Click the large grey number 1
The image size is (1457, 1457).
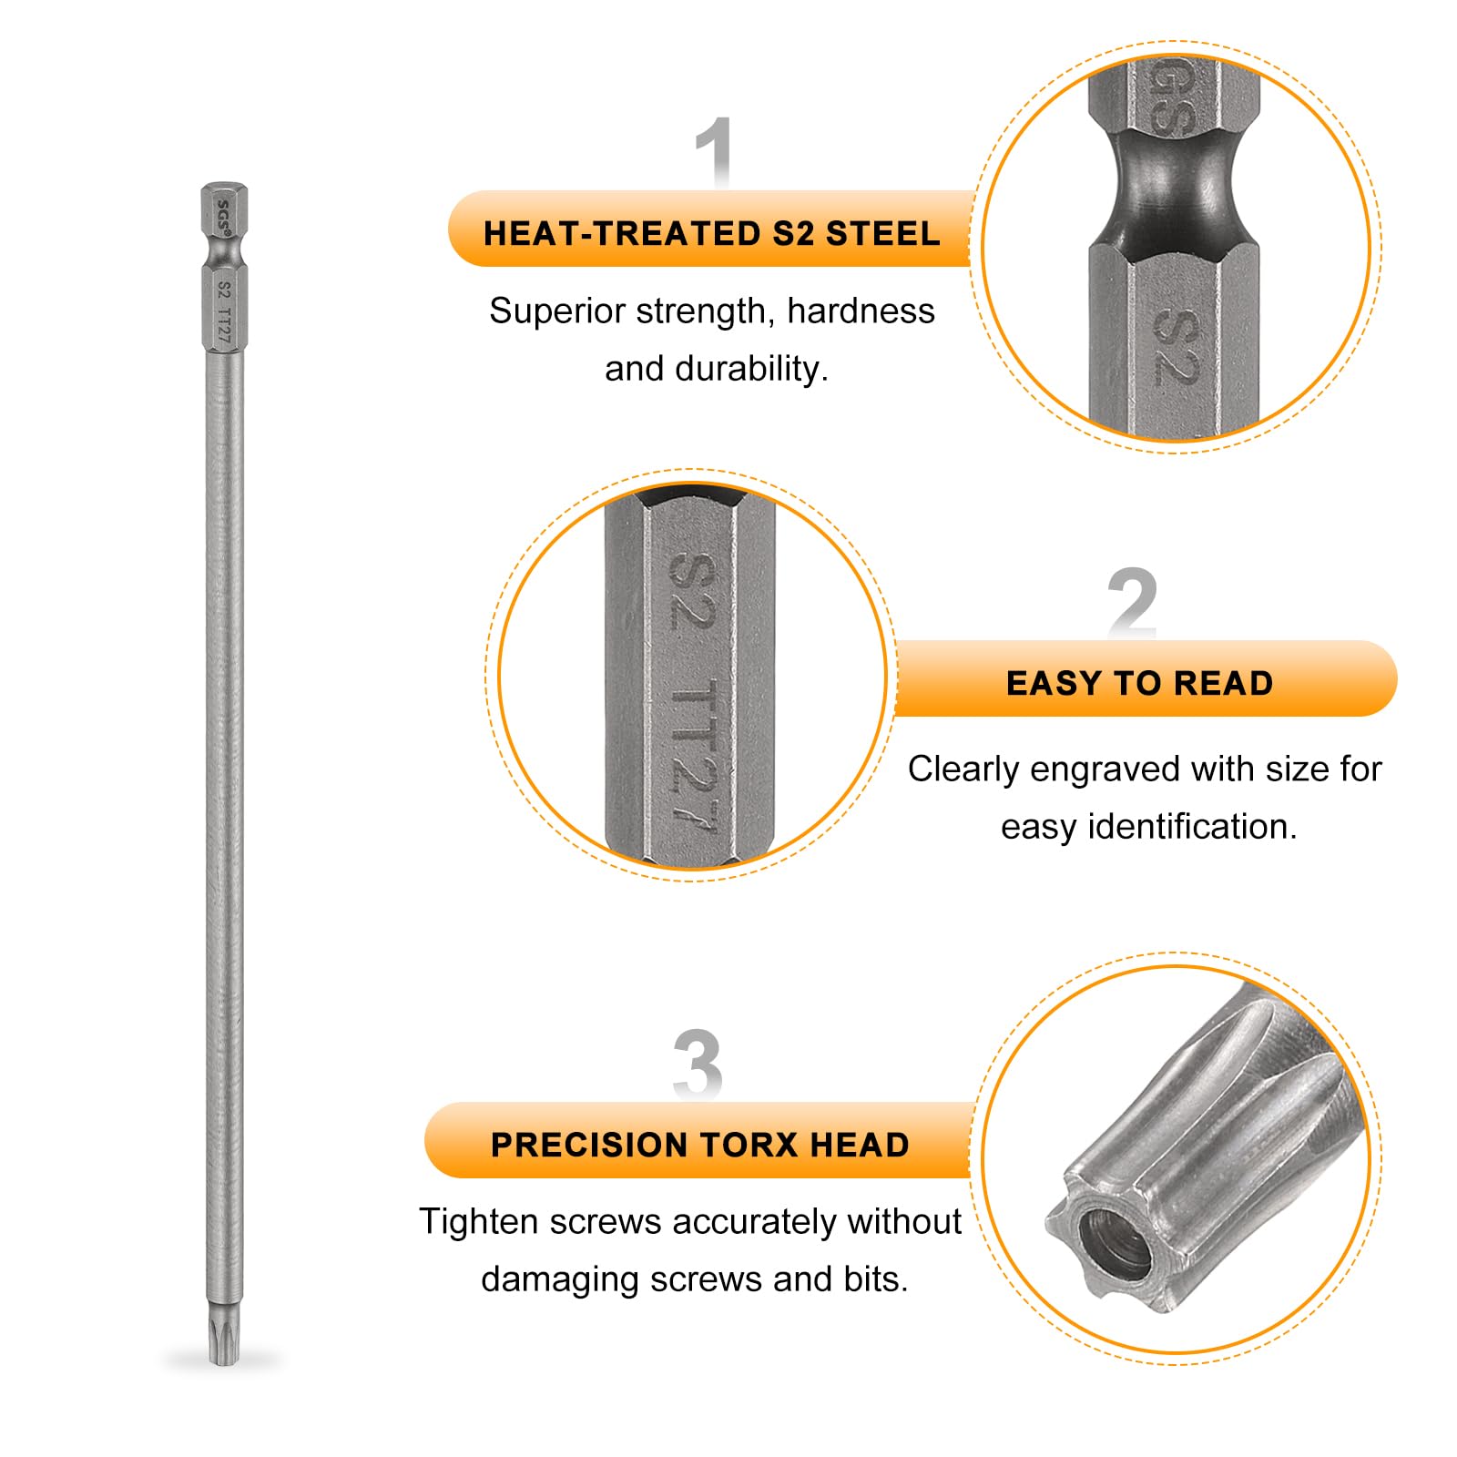[x=715, y=151]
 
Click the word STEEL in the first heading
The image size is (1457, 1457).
[x=882, y=234]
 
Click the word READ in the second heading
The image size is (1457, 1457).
[x=1223, y=683]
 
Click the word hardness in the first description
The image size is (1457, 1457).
[x=861, y=311]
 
